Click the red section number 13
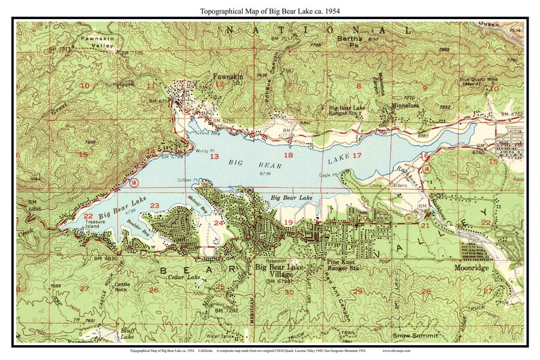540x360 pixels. [214, 157]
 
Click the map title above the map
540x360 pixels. [269, 11]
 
